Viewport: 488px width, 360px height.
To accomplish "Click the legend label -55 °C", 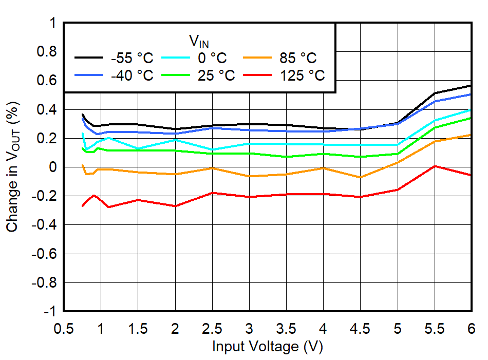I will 132,58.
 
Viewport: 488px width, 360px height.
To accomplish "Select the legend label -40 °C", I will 132,75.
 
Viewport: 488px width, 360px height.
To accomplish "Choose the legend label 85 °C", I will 298,58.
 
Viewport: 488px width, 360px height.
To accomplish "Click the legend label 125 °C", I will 302,75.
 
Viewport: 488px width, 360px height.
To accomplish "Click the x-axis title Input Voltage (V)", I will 267,347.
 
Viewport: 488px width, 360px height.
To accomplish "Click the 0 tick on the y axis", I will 52,167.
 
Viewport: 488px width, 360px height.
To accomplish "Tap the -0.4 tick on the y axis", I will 45,225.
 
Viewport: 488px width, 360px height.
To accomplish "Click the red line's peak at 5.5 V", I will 435,166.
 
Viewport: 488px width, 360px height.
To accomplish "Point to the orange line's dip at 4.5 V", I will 361,178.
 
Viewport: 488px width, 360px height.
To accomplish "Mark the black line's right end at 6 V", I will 471,85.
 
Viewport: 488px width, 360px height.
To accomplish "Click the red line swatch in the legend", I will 258,75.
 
